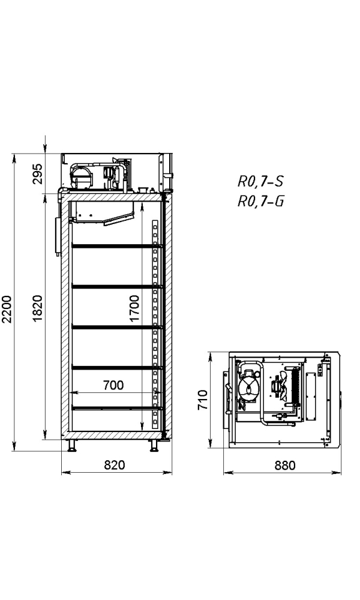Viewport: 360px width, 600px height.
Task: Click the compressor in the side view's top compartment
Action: [82, 176]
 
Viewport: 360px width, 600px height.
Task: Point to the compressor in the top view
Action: [247, 386]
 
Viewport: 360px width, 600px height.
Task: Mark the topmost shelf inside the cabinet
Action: [117, 245]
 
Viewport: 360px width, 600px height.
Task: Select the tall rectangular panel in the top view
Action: [311, 396]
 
